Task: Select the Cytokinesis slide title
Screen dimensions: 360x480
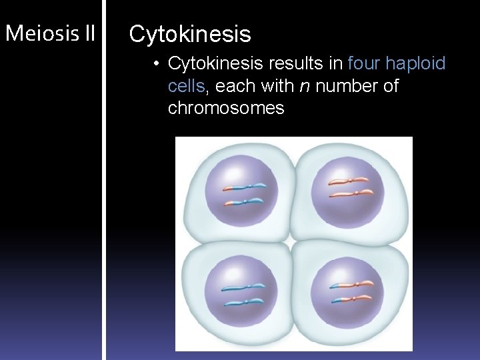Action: [x=190, y=34]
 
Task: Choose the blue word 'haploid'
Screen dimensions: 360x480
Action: [x=416, y=64]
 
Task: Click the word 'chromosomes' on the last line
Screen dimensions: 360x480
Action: [x=226, y=108]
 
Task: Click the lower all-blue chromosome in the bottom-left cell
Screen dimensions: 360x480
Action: [x=245, y=303]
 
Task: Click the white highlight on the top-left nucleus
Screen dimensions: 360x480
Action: [x=229, y=170]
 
